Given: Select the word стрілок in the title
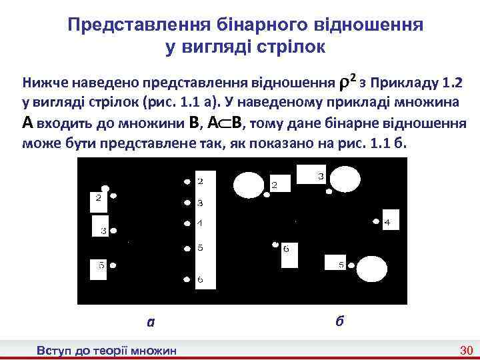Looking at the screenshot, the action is [x=293, y=47].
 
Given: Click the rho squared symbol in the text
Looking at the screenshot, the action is [x=346, y=83].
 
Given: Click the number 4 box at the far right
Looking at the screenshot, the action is [x=389, y=221].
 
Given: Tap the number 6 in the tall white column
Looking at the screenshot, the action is [x=200, y=279].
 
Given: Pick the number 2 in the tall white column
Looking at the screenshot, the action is [x=200, y=181].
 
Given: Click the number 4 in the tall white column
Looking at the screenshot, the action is [x=200, y=223].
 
